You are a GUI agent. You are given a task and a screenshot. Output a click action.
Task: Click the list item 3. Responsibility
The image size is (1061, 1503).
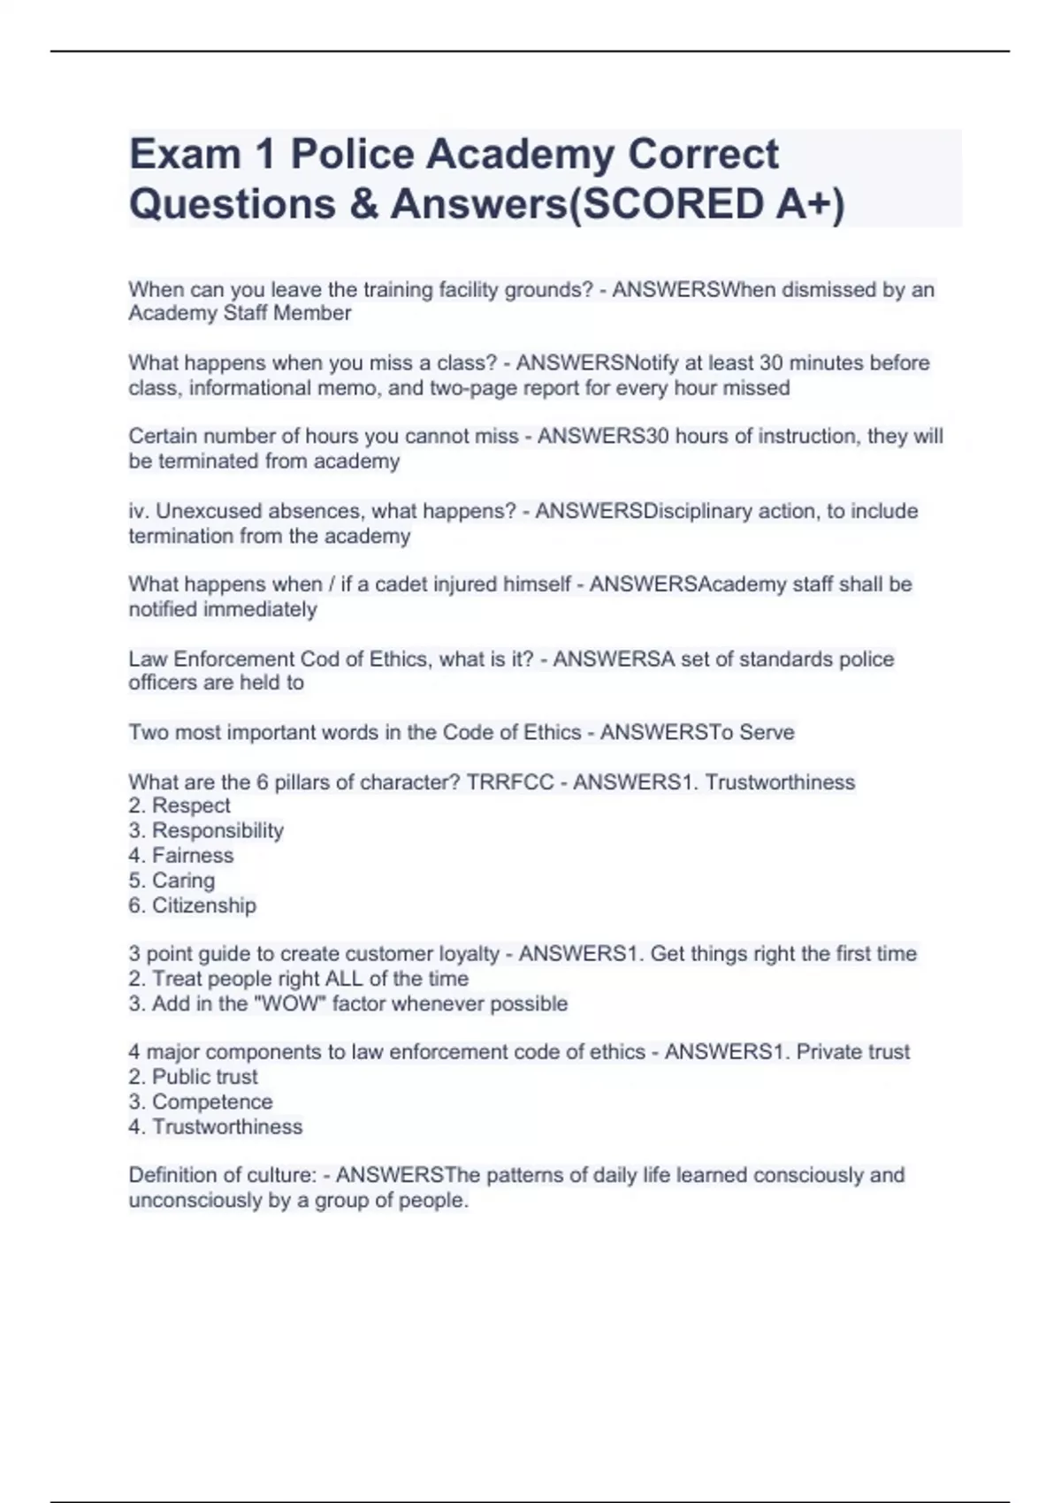(205, 831)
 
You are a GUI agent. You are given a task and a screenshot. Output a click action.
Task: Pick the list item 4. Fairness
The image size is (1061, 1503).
(180, 856)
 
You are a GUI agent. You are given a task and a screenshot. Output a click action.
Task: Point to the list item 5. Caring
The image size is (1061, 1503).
(172, 881)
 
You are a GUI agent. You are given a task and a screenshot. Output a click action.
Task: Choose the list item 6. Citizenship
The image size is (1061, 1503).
(192, 906)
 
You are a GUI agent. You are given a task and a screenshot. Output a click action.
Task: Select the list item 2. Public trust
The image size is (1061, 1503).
(193, 1078)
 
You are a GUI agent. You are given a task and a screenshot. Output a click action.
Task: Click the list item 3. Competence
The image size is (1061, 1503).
(200, 1102)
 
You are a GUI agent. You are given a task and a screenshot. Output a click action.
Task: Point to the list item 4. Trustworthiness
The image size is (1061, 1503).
(215, 1127)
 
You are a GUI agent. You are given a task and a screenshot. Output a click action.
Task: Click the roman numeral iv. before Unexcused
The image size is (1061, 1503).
(139, 512)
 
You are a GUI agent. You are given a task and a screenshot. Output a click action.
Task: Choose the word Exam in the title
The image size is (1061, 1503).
(185, 155)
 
